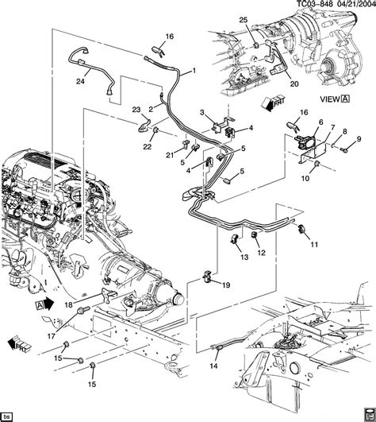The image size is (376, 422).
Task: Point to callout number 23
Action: (x=136, y=110)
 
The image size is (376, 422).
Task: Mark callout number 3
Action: (x=202, y=114)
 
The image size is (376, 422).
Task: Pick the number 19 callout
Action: (x=225, y=285)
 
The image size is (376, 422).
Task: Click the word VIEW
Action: (x=327, y=99)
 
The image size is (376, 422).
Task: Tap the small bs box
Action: (x=10, y=416)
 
